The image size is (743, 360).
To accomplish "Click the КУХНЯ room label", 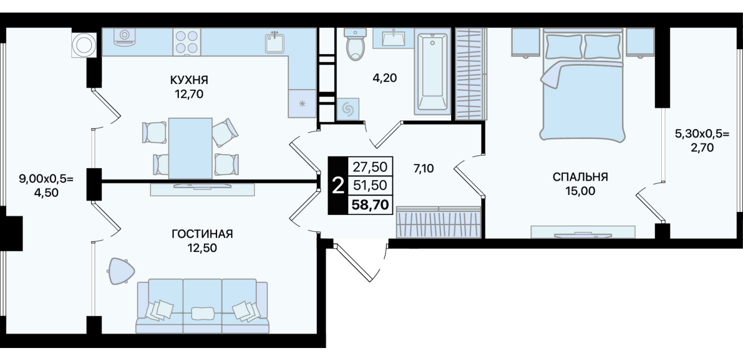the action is tap(189, 80).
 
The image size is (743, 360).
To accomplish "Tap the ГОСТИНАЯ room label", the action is tap(202, 234).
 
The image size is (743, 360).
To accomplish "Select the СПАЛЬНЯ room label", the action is tap(580, 177).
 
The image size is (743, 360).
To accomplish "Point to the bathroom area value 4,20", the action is tap(385, 78).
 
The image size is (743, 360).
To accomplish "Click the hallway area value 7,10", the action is tap(424, 169).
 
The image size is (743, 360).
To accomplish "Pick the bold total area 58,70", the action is tap(370, 205).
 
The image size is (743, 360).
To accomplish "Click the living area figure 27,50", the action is tap(370, 167).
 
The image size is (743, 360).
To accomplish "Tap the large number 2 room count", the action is tap(338, 186).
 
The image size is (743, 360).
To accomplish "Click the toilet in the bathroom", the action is tap(355, 44).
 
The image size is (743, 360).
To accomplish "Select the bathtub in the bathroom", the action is tap(432, 71).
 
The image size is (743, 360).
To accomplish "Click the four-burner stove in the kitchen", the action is tap(186, 42).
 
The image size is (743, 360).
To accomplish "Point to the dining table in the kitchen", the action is tap(190, 149).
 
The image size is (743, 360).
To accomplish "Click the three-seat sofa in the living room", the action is tap(202, 306).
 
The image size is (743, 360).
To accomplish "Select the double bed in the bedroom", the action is tap(583, 85).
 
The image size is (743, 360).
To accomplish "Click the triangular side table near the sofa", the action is tap(121, 271).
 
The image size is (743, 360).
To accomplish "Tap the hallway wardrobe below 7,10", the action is tap(439, 222).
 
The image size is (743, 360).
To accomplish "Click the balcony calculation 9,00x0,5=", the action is tap(46, 179).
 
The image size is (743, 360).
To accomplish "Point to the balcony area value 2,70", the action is tap(702, 147).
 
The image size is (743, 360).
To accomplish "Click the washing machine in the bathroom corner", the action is tap(348, 109).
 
